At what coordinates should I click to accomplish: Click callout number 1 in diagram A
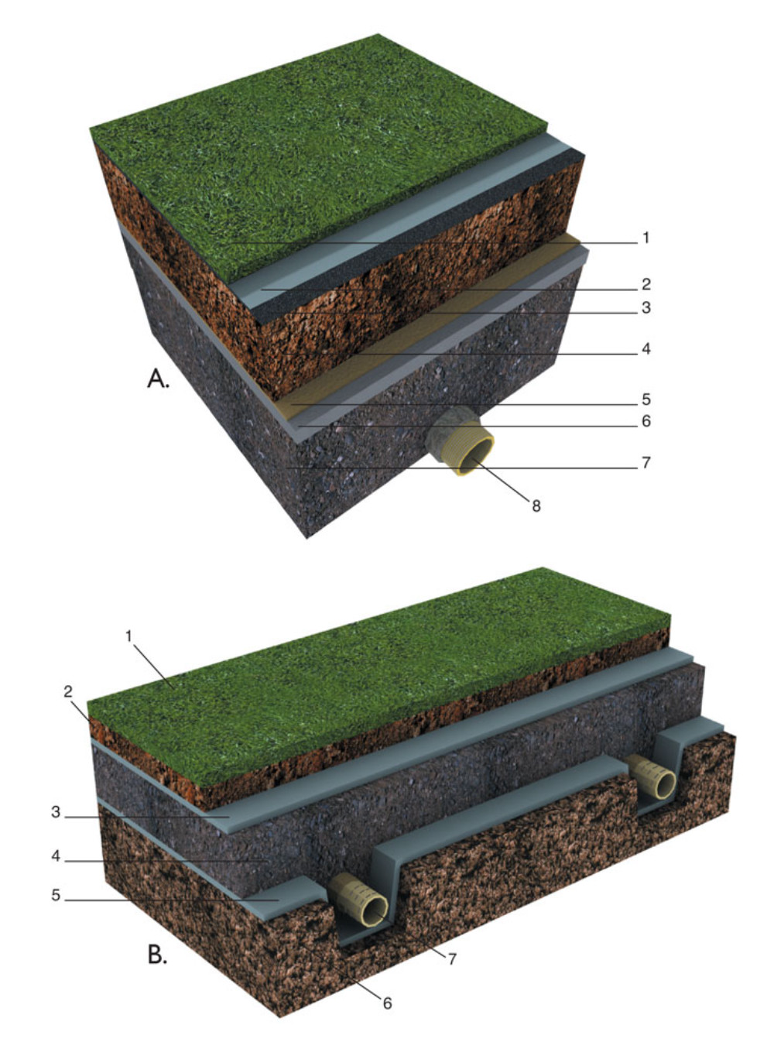pos(646,238)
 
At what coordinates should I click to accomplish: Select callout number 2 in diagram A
pos(646,284)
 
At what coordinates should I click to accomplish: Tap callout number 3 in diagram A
pos(646,308)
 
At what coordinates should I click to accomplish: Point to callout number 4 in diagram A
pos(646,349)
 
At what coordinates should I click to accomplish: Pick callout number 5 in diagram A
pos(646,399)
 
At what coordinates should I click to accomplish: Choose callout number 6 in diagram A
pos(646,421)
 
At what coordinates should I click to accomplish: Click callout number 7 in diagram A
pos(646,462)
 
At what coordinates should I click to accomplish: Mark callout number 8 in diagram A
pos(536,506)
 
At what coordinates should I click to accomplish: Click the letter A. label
pos(158,379)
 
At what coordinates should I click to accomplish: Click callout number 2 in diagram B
pos(68,692)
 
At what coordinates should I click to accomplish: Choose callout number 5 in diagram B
pos(56,895)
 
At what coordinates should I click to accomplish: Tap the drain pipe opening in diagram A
pos(477,456)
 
